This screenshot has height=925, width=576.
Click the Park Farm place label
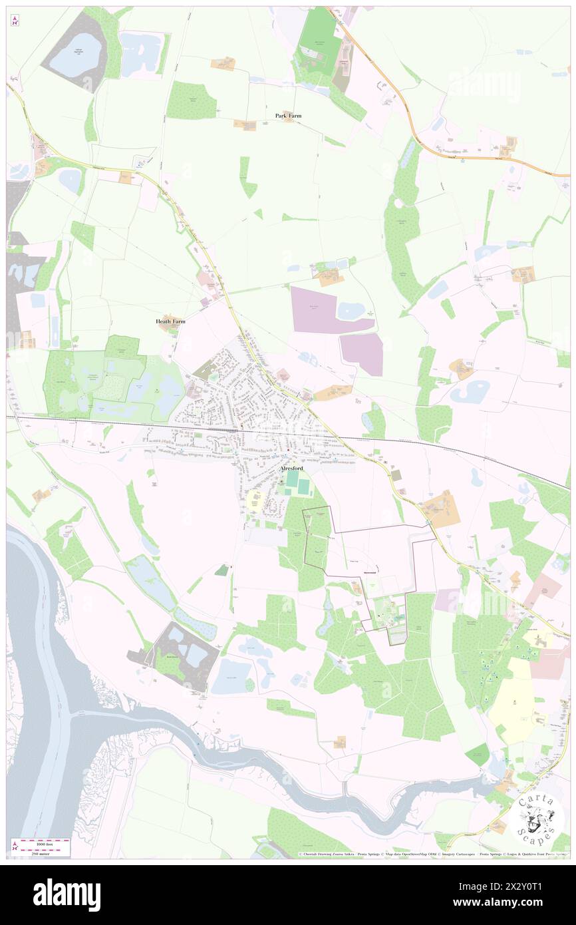[289, 115]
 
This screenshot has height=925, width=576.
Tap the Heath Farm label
[170, 321]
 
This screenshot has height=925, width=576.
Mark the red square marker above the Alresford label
[288, 455]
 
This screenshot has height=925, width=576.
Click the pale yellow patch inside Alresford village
[254, 501]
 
